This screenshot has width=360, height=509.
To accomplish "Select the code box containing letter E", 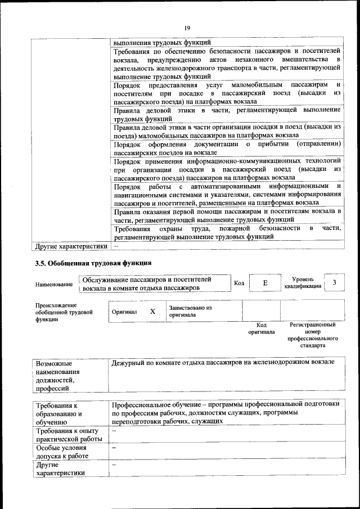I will pyautogui.click(x=264, y=283).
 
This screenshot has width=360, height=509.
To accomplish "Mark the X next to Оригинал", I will pyautogui.click(x=152, y=311).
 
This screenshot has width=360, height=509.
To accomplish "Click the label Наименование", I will pyautogui.click(x=53, y=285).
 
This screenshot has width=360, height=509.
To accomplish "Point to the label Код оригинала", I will pyautogui.click(x=262, y=328).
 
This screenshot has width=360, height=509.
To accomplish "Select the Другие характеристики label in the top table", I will pyautogui.click(x=70, y=246).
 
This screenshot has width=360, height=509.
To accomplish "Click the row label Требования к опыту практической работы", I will pyautogui.click(x=68, y=435).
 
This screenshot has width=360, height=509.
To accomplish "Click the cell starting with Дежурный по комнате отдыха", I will pyautogui.click(x=223, y=363).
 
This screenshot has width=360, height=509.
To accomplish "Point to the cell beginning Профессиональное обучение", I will pyautogui.click(x=225, y=412).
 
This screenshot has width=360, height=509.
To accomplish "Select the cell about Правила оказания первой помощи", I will pyautogui.click(x=227, y=216).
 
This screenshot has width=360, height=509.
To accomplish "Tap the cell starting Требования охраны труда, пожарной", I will pyautogui.click(x=227, y=233).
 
